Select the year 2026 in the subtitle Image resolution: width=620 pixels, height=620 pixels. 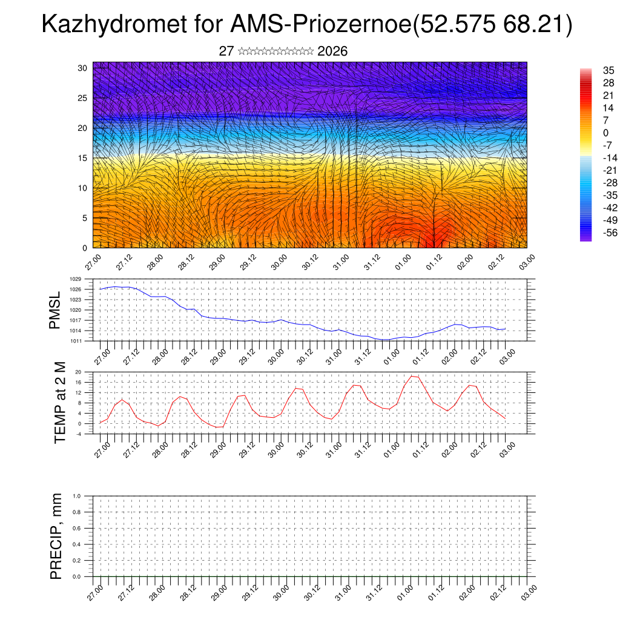coord(332,51)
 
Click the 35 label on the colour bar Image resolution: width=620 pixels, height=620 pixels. coord(608,70)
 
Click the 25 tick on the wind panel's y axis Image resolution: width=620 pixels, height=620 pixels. coord(83,97)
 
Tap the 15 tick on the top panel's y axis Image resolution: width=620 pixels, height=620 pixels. coord(83,158)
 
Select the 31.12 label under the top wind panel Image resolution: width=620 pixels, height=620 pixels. coord(372,265)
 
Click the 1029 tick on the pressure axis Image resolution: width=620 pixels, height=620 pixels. coord(76,279)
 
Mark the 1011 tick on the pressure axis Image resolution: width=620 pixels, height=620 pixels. coord(76,341)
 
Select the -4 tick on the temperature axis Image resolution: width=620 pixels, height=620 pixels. coord(79,434)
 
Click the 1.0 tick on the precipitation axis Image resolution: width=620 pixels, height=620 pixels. coord(77,496)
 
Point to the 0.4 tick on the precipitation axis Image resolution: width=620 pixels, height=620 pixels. coord(77,544)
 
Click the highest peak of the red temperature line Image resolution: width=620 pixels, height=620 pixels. coord(412,376)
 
